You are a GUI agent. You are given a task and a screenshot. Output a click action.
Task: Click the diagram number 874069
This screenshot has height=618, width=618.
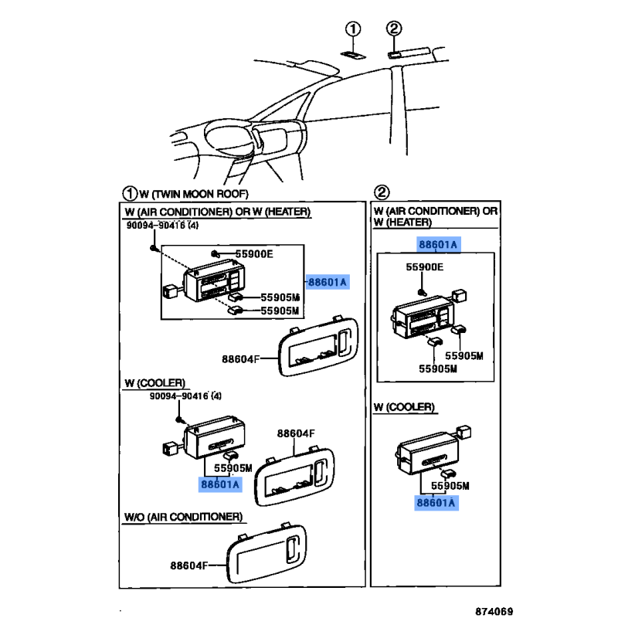click(x=494, y=611)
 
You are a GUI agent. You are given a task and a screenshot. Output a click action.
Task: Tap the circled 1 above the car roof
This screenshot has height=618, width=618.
click(x=353, y=29)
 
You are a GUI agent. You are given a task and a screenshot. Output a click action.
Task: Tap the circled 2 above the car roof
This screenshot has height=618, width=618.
click(x=394, y=28)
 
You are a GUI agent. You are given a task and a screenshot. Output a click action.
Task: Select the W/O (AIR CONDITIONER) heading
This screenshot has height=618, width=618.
click(x=183, y=517)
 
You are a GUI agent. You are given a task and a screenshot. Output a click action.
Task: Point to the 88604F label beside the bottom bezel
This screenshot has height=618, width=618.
click(x=188, y=565)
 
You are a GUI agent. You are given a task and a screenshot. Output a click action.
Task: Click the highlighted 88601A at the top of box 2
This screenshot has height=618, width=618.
click(x=438, y=244)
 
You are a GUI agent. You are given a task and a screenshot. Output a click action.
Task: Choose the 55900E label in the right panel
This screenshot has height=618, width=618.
click(x=424, y=267)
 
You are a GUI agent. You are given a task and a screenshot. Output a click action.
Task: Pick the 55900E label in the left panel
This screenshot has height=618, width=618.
click(x=254, y=254)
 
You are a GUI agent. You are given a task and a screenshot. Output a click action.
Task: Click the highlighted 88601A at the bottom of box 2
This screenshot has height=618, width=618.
click(x=436, y=503)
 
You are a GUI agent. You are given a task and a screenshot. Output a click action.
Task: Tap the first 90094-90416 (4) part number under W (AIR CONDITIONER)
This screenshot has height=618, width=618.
click(x=162, y=226)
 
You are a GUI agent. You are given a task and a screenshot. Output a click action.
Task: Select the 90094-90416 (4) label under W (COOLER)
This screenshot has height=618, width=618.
click(x=185, y=396)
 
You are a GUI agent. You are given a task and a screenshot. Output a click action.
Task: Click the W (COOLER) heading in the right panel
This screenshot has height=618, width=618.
click(x=404, y=407)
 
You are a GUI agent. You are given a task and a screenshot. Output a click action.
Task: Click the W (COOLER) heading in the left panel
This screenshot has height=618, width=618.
click(x=155, y=383)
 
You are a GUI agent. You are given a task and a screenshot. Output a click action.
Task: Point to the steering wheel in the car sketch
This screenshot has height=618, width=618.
click(x=227, y=138)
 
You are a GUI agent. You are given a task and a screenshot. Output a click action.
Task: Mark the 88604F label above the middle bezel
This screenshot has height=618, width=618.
click(x=296, y=433)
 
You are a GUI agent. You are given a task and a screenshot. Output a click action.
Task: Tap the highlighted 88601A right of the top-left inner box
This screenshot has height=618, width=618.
click(x=328, y=282)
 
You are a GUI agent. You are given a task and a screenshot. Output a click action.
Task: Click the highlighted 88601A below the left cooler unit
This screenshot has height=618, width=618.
click(x=220, y=484)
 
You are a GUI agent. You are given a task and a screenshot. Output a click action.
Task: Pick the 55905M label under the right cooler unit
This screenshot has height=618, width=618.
click(x=450, y=486)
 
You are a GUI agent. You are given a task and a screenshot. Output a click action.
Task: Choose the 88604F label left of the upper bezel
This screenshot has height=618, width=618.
click(x=241, y=359)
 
